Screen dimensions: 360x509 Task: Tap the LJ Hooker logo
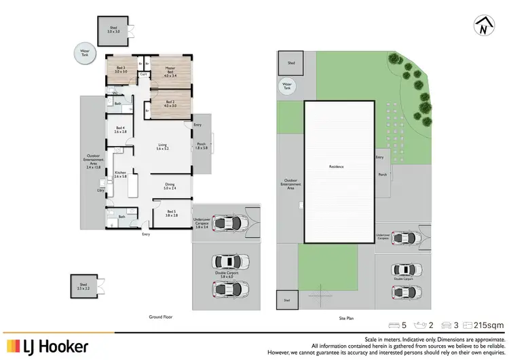(x=48, y=346)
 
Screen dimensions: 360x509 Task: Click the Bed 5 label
(x=172, y=213)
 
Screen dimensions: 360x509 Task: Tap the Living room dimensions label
(x=163, y=147)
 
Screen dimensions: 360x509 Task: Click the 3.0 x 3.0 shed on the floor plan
(x=113, y=30)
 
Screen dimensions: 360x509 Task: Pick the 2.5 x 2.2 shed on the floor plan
(x=83, y=287)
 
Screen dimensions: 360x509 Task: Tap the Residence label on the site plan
(x=337, y=166)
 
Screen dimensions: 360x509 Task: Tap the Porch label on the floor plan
(x=202, y=145)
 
